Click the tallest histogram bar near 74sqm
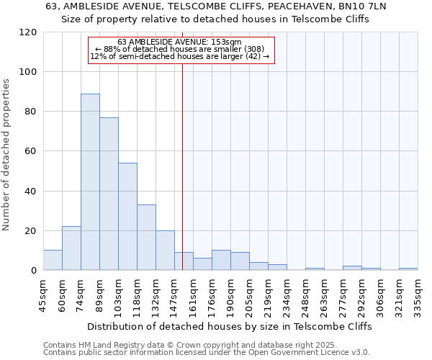point(90,182)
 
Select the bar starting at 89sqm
point(109,194)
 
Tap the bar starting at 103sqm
point(127,216)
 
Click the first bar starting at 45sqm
point(53,260)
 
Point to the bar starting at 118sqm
point(146,238)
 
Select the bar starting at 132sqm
point(165,251)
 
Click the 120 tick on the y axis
point(28,32)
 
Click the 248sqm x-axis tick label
point(306,294)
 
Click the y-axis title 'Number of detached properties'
point(6,155)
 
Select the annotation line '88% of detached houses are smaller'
point(184,49)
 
